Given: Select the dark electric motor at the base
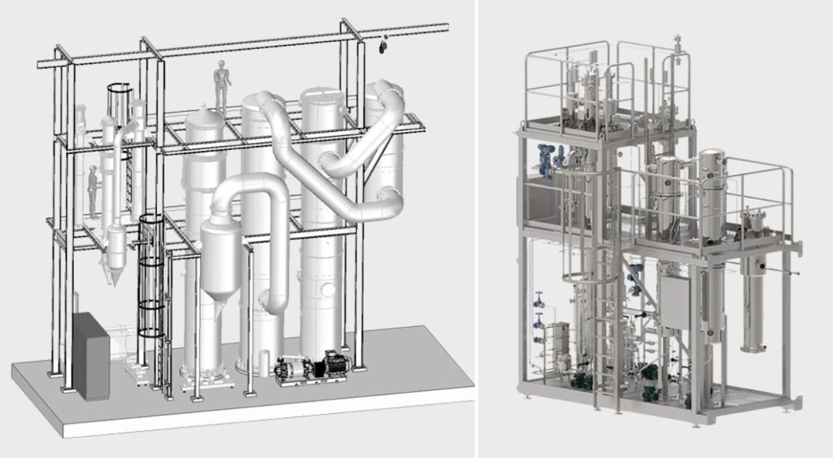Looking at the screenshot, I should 330,363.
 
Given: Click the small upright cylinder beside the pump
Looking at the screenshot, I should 263,361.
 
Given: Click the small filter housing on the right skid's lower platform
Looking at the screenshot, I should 749,225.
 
